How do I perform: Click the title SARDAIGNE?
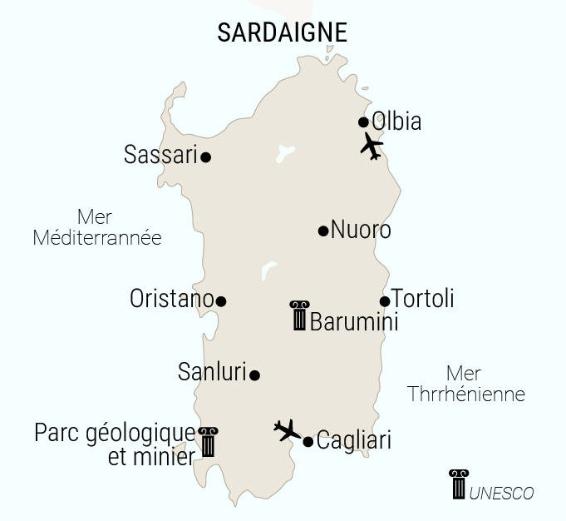[282, 32]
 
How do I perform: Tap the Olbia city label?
[396, 122]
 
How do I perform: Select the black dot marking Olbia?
[363, 122]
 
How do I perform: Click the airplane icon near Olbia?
[372, 146]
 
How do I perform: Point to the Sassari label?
[160, 155]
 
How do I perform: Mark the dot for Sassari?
[205, 156]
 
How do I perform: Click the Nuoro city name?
[361, 230]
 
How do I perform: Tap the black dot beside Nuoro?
[323, 231]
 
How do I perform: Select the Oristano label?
[171, 299]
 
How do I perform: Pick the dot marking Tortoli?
[385, 301]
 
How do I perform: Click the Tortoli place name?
[422, 299]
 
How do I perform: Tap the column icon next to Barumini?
[298, 316]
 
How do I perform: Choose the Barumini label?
[353, 321]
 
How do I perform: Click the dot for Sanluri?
[255, 375]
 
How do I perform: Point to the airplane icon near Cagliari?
[288, 430]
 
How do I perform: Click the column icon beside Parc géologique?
[207, 441]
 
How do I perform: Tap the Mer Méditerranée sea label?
[97, 226]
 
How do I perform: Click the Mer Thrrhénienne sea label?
[465, 384]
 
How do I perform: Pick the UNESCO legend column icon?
[458, 484]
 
